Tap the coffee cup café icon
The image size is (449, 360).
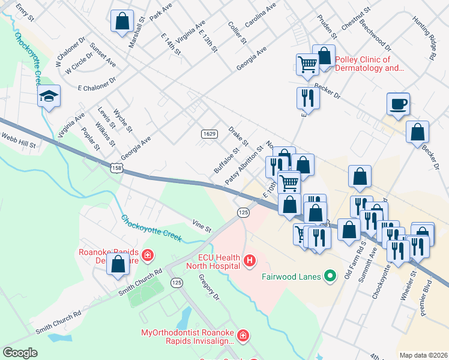point(399,103)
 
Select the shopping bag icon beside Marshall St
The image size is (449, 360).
point(122,20)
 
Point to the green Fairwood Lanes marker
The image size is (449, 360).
point(329,277)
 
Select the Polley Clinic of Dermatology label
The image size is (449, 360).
point(370,64)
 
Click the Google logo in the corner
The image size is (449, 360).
point(20,352)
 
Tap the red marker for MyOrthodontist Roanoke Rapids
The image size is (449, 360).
point(243,334)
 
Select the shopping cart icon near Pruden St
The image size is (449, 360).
point(307,64)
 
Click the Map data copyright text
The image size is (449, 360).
point(423,355)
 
